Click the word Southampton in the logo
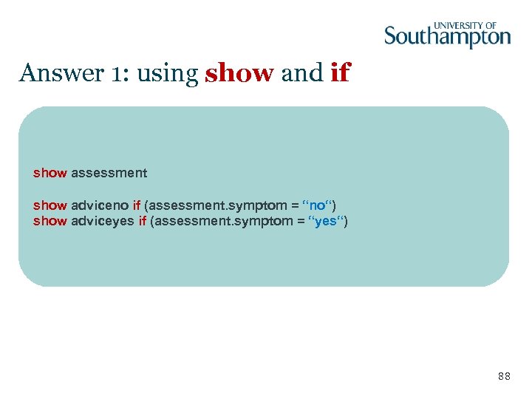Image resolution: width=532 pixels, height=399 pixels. click(447, 36)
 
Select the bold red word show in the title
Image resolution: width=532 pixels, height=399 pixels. click(240, 73)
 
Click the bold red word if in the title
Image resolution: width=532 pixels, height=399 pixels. click(341, 73)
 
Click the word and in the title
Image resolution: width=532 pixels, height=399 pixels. click(303, 73)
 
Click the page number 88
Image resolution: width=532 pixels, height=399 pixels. click(504, 377)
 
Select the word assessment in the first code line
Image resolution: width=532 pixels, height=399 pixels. click(109, 173)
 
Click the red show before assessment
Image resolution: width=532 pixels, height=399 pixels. click(50, 173)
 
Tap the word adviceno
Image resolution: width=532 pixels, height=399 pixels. click(100, 205)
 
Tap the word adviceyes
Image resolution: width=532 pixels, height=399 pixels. click(103, 221)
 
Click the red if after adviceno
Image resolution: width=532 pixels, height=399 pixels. click(137, 205)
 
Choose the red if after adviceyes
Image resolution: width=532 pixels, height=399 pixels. click(142, 221)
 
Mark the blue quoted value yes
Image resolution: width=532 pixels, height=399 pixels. click(326, 221)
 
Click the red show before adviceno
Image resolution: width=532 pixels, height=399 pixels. click(50, 205)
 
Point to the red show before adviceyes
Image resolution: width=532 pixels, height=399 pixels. click(50, 221)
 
